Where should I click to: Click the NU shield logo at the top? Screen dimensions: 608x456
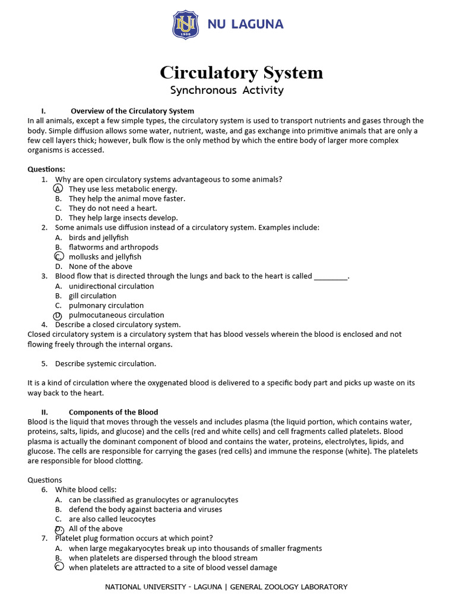(x=186, y=25)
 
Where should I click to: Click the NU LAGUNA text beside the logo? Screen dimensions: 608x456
(x=245, y=24)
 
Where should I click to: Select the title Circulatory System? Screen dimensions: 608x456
(x=241, y=72)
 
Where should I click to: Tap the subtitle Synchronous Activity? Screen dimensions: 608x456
(x=227, y=90)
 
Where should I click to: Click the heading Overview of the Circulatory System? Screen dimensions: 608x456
(x=132, y=111)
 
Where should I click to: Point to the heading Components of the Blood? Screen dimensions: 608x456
(x=113, y=412)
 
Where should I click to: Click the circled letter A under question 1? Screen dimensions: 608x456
(x=58, y=189)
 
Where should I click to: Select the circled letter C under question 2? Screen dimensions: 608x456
(x=58, y=257)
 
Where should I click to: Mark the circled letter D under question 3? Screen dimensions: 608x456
(x=58, y=315)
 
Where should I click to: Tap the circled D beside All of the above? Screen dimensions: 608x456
(x=59, y=529)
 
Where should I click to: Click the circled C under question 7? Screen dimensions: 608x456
(x=59, y=568)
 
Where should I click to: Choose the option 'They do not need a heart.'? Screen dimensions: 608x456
(x=113, y=208)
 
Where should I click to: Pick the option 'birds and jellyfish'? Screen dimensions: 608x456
(x=99, y=237)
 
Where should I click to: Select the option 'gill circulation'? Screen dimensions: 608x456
(x=93, y=296)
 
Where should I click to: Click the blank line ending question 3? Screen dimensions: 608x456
(x=330, y=277)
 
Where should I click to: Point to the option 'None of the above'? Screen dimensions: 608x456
(x=100, y=267)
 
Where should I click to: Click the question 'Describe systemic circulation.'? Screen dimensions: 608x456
(x=106, y=363)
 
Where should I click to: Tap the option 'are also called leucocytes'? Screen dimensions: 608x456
(x=112, y=519)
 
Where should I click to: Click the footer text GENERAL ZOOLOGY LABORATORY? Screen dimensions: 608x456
(x=289, y=587)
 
